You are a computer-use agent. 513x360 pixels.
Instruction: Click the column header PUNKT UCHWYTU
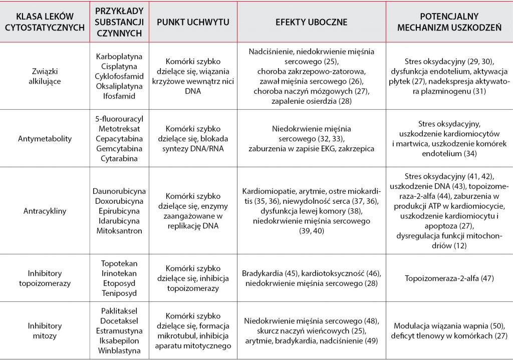click(x=193, y=23)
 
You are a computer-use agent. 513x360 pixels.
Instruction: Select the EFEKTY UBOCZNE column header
click(x=311, y=23)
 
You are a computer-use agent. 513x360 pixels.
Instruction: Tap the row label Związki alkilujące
click(x=44, y=76)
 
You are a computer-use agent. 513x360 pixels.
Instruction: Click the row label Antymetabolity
click(x=44, y=138)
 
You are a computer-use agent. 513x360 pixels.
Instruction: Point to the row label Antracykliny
click(x=44, y=211)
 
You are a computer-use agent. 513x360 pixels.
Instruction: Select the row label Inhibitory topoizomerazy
click(x=44, y=278)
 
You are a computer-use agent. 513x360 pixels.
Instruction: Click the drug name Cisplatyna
click(x=120, y=66)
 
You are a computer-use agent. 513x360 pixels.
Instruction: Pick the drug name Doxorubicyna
click(x=120, y=201)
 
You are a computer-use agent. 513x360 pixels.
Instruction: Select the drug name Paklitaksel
click(x=120, y=311)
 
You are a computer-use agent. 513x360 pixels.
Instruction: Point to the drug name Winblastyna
click(x=120, y=350)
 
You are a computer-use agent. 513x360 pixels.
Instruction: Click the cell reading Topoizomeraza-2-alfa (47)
click(x=449, y=278)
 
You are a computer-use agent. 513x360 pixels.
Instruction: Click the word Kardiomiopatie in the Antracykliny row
click(x=266, y=192)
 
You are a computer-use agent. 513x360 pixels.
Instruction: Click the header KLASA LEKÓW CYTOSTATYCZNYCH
click(x=44, y=23)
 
